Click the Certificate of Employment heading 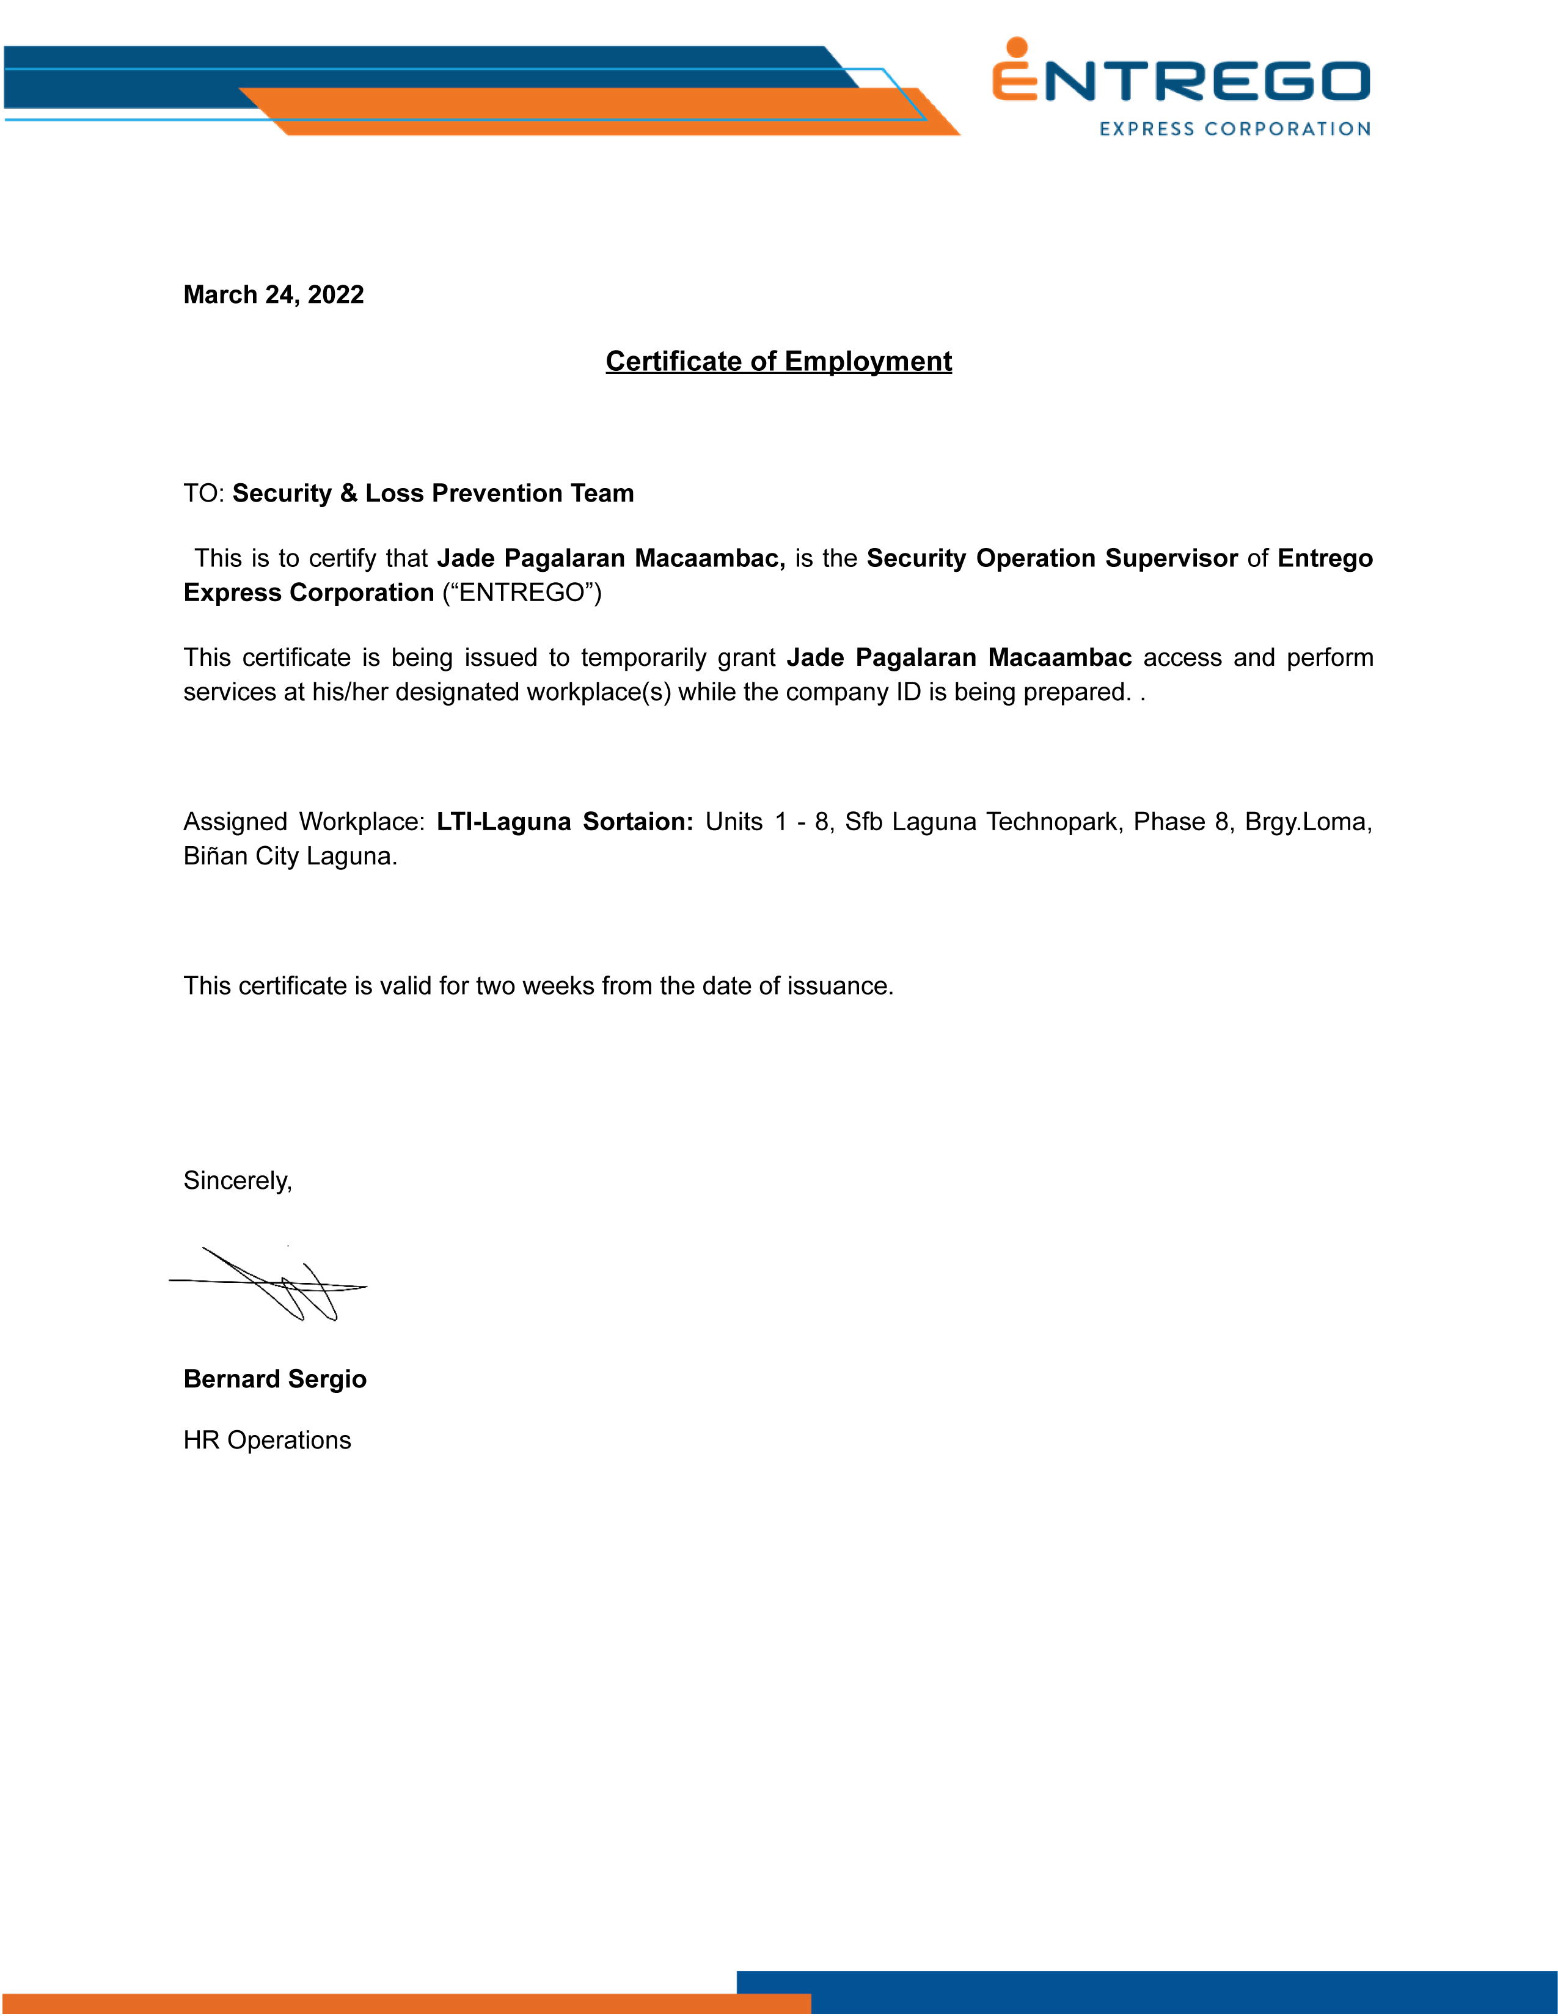(778, 361)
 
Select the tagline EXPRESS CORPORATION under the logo (1234, 130)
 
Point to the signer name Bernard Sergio (275, 1378)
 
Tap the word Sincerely (237, 1181)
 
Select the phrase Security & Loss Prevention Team (433, 493)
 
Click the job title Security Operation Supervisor (1051, 558)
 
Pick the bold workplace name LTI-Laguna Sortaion (564, 822)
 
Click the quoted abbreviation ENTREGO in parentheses (522, 593)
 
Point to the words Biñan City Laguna (290, 856)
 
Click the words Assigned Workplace (302, 822)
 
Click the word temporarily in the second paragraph (678, 657)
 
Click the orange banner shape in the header (600, 112)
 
